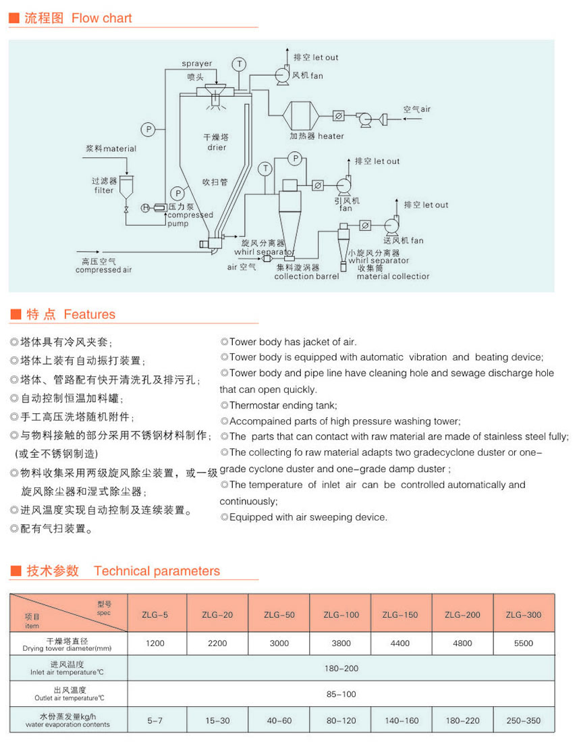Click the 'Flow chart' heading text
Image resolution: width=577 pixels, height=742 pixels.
pos(102,18)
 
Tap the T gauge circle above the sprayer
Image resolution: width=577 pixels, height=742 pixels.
pos(240,64)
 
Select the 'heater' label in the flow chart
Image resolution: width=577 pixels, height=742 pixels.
pos(331,136)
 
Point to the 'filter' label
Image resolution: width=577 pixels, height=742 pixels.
pos(104,190)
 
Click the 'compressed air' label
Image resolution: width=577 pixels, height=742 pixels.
pos(103,270)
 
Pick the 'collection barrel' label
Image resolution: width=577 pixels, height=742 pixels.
pos(306,276)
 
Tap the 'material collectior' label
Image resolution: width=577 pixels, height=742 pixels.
pos(393,276)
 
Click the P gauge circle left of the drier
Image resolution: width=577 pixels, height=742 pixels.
pos(148,129)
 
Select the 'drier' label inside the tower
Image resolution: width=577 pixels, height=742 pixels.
pos(217,148)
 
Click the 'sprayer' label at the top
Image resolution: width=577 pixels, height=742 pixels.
pos(197,63)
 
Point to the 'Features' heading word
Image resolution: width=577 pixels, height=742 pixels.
pos(89,315)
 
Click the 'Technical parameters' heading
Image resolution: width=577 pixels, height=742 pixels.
pos(157,571)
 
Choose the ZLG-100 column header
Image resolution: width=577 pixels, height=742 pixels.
pos(341,614)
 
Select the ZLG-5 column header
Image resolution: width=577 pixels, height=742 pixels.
pos(155,614)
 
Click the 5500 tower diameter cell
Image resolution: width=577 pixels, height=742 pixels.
pos(523,643)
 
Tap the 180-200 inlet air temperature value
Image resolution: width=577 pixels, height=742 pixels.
pos(341,668)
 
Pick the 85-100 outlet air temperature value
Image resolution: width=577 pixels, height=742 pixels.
pos(341,694)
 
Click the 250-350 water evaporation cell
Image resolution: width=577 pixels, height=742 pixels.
pos(523,720)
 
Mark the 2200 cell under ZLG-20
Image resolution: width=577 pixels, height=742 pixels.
pos(217,643)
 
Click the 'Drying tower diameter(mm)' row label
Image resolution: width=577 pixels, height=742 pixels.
pos(67,649)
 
